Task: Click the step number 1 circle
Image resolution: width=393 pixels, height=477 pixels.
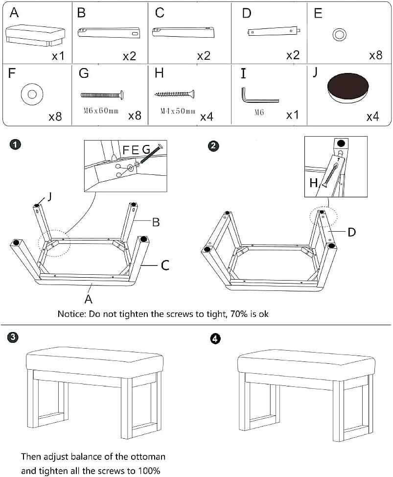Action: pos(16,144)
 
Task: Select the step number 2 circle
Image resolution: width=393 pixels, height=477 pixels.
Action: pos(214,145)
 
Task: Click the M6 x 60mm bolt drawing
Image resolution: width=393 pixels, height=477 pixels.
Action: pos(101,94)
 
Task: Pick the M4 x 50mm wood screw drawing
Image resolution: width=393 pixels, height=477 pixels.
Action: pos(175,93)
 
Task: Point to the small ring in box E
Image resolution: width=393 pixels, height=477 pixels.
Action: pos(338,35)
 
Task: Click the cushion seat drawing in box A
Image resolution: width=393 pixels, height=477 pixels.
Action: pos(35,36)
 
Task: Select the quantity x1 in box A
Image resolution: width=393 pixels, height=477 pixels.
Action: pos(58,56)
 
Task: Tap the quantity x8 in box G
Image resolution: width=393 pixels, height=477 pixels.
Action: pos(135,116)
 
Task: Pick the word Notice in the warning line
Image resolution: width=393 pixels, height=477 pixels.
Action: pos(72,313)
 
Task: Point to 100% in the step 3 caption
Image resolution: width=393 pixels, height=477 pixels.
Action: pos(149,471)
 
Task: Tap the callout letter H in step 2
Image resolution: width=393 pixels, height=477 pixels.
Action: pos(314,183)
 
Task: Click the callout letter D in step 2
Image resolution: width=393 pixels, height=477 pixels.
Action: pos(351,232)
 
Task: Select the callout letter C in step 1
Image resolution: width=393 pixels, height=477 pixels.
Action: pos(165,265)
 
